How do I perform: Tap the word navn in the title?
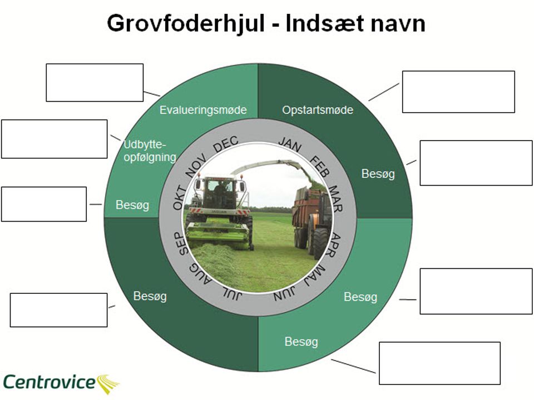click(x=396, y=23)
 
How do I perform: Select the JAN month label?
click(x=290, y=144)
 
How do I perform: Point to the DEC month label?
click(x=226, y=144)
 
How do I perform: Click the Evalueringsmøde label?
click(x=203, y=110)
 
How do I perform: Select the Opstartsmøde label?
click(x=318, y=110)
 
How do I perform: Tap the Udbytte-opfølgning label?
click(x=149, y=151)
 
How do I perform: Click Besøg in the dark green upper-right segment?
click(x=378, y=174)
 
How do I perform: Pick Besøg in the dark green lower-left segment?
click(x=150, y=296)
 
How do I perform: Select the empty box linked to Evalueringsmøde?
click(x=95, y=83)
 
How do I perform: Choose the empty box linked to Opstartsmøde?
click(x=458, y=92)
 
